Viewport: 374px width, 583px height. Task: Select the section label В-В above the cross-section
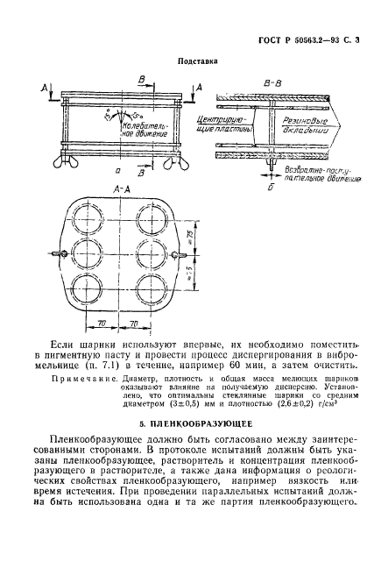[x=271, y=84]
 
